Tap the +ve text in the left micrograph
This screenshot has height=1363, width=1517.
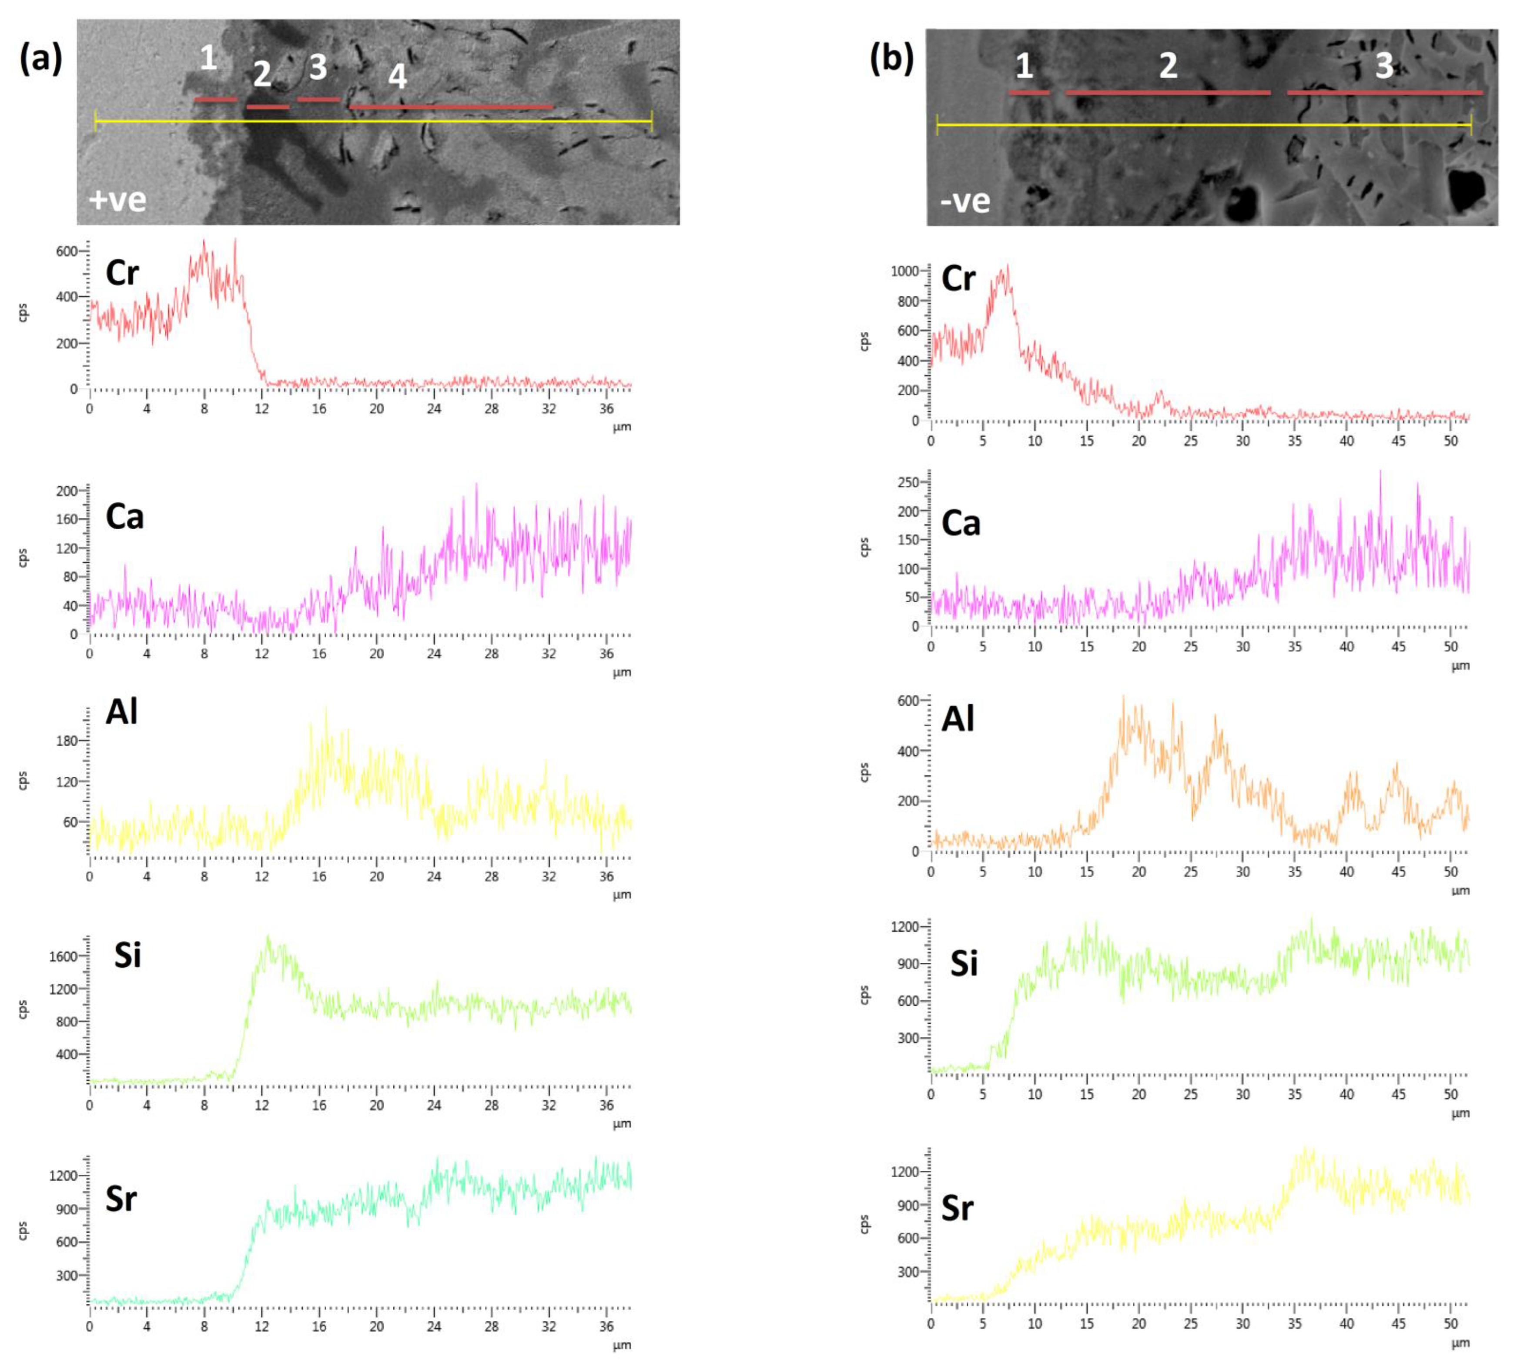click(117, 200)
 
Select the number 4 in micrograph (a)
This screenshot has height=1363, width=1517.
click(397, 77)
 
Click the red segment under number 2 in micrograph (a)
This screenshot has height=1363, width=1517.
click(268, 107)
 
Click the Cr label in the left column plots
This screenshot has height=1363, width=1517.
click(122, 273)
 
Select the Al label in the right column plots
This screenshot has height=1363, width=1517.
click(958, 719)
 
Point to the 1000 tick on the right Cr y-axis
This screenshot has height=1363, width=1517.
click(904, 271)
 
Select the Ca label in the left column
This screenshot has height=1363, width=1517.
click(124, 517)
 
